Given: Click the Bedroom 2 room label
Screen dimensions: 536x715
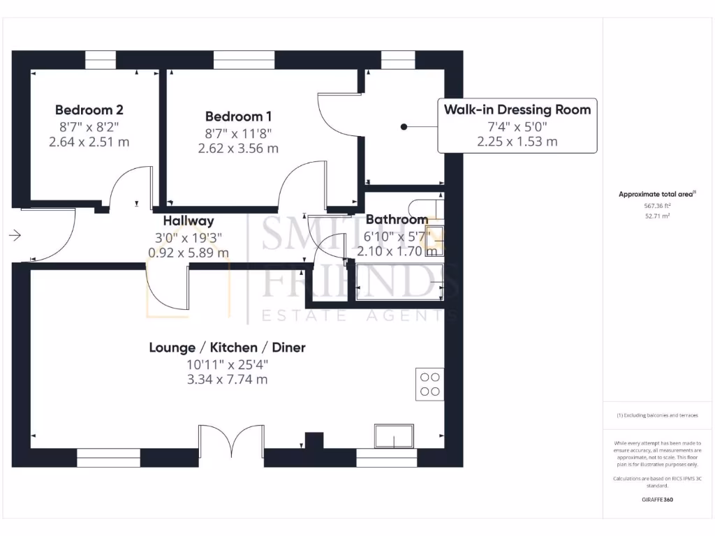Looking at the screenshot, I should [89, 110].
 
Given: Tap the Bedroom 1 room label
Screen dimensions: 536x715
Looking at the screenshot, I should [238, 116].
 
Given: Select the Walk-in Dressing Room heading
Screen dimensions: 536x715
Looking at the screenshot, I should [517, 110].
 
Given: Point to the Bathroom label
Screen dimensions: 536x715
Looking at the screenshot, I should [397, 220].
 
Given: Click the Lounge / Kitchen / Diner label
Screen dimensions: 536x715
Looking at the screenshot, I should [227, 348].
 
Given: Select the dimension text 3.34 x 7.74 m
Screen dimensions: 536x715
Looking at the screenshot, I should [227, 380].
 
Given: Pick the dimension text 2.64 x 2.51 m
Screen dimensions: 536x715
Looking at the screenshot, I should [89, 142].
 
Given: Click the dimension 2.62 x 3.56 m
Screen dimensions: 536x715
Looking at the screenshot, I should [238, 148].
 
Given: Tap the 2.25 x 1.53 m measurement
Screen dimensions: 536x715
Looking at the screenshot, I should [517, 142].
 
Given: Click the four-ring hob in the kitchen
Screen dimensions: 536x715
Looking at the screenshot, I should [429, 384].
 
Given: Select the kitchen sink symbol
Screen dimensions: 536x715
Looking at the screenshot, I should [394, 435].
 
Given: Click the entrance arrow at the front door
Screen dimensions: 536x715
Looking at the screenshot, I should [15, 236].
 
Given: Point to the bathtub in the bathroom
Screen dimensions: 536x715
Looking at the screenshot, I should [399, 283].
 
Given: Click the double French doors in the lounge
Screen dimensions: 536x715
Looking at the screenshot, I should [231, 445].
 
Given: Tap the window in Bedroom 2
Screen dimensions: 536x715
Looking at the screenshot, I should [101, 60].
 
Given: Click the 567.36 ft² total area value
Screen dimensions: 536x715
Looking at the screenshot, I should [657, 206].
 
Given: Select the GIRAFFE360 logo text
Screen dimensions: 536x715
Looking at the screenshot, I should [657, 500].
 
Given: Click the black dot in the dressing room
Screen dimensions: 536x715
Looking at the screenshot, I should [404, 126].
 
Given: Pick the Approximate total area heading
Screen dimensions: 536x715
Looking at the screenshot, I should [657, 194].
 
